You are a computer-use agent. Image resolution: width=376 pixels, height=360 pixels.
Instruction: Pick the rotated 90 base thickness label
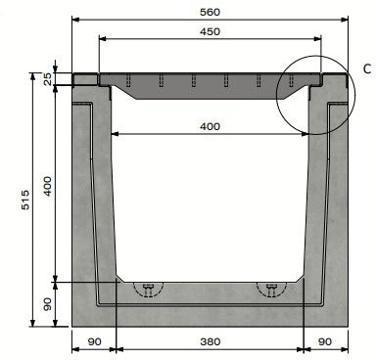pos(47,305)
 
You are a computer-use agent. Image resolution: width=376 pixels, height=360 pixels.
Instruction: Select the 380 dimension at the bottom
pos(211,344)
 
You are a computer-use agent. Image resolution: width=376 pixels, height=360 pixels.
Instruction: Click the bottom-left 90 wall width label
pos(94,344)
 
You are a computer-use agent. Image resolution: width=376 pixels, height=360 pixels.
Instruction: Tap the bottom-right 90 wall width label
pos(326,344)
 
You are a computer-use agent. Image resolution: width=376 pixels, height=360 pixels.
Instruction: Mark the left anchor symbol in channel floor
pos(148,289)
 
